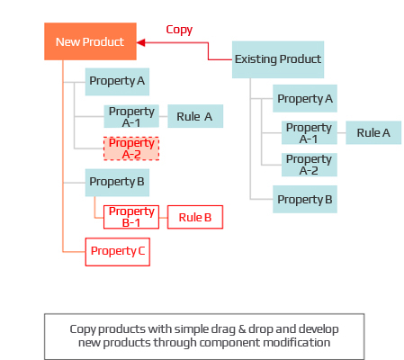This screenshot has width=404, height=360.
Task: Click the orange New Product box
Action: pos(90,41)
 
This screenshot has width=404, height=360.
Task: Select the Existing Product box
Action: pos(277,59)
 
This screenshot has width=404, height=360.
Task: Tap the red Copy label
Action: pos(179,30)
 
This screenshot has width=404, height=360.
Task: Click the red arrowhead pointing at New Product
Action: pos(141,41)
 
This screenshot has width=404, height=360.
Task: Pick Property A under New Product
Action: pos(117,82)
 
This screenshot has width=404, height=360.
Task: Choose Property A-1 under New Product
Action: pos(131,116)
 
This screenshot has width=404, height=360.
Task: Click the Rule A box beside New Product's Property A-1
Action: pos(195,116)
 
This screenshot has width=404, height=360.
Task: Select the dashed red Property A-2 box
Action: pos(131,148)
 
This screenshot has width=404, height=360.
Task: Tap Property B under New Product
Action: pos(117,182)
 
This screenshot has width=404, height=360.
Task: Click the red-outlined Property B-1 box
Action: pos(131,217)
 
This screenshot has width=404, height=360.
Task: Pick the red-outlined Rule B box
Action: pos(194,217)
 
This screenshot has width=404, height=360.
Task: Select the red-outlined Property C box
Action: pos(117,251)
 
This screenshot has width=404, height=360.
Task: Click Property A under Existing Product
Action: pos(305,98)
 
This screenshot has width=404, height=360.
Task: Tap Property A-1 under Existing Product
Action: pos(309,132)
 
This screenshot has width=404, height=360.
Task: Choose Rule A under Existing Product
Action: pos(373,132)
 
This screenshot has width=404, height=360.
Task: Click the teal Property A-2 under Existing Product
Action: pos(309,165)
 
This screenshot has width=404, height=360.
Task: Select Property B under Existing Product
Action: pos(305,199)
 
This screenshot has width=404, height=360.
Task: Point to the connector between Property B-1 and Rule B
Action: pos(163,217)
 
